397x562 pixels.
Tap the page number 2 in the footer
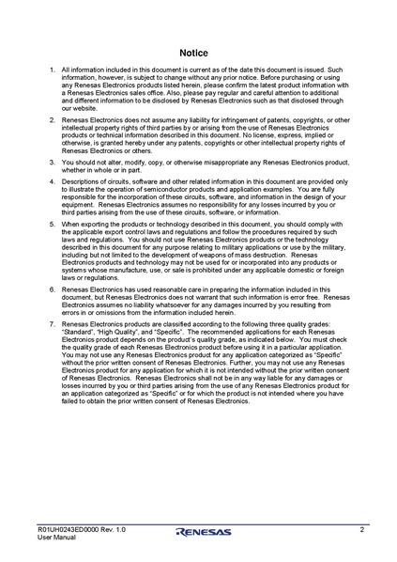(x=361, y=530)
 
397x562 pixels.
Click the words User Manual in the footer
(x=55, y=538)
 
